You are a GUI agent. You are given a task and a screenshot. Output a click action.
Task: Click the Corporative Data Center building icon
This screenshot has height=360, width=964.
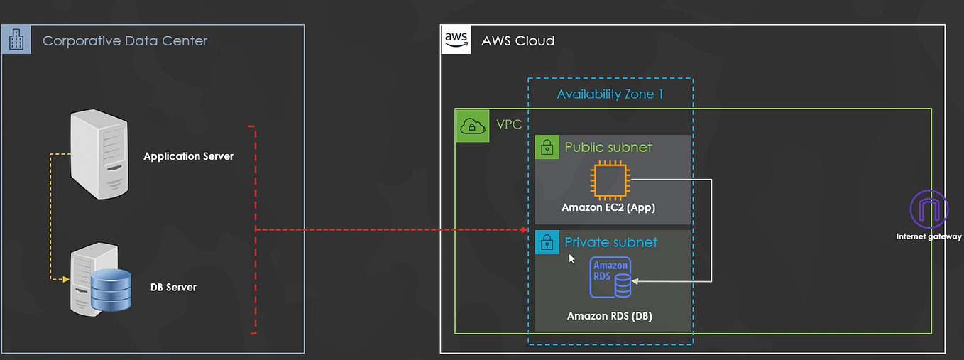pos(16,40)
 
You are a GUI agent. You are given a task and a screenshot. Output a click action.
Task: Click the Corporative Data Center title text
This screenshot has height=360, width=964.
pos(125,40)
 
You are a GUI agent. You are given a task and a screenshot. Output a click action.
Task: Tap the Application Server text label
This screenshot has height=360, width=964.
pos(188,156)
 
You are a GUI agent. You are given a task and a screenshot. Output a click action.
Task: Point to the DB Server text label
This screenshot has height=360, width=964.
pos(173,288)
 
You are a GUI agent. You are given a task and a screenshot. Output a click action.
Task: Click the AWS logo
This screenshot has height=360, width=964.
pos(456,40)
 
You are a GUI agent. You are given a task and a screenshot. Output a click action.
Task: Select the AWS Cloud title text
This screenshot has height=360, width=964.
pos(517,40)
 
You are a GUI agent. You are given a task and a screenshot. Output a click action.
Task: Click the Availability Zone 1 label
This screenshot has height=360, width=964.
pos(610,94)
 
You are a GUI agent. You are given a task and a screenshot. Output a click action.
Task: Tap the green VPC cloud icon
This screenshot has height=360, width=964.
pos(472,126)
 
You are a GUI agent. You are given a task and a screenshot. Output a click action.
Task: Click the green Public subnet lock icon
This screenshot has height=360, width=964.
pos(547,147)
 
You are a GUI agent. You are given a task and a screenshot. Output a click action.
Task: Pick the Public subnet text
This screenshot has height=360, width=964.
pos(608,147)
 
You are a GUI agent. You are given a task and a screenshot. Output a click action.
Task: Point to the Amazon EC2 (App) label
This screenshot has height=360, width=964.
pos(608,208)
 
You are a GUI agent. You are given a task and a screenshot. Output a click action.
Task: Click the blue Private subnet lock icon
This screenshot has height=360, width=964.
pos(547,242)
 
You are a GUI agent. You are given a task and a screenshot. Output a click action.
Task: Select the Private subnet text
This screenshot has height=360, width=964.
pos(610,242)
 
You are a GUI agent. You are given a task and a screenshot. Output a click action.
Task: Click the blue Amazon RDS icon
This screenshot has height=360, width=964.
pos(610,277)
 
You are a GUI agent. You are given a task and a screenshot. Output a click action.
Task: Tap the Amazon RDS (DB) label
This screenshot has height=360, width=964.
pos(609,316)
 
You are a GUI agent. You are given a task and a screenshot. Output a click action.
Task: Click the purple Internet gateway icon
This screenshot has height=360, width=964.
pos(929,209)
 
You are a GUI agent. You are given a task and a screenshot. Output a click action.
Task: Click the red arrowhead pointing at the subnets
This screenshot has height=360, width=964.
pos(524,230)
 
